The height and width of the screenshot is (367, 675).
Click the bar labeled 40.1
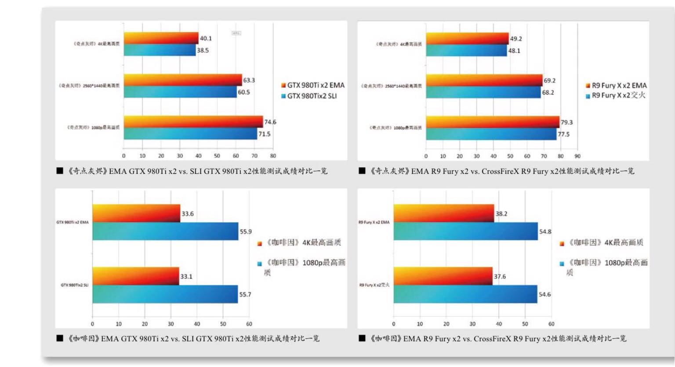[x=161, y=38]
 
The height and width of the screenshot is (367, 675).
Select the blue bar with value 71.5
[x=190, y=134]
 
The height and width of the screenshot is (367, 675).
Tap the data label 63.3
[x=249, y=80]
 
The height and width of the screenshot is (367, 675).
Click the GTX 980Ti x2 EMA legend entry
[x=313, y=85]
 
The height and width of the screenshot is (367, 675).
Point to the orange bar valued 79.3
[x=492, y=122]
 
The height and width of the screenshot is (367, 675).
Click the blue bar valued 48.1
[x=466, y=51]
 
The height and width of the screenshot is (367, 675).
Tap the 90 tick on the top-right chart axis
[x=577, y=156]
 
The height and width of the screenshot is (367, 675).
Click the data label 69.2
[x=550, y=81]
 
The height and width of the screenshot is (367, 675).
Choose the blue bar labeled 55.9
[x=165, y=231]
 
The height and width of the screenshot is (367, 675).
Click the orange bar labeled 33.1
[x=135, y=276]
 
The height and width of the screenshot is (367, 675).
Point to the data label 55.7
[x=245, y=294]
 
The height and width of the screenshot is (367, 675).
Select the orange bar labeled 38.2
[x=443, y=213]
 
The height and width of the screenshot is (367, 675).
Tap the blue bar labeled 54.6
[x=465, y=294]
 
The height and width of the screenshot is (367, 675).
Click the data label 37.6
[x=500, y=276]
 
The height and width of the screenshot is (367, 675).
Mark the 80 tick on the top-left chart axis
[x=273, y=156]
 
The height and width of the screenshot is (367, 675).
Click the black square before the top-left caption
[x=60, y=171]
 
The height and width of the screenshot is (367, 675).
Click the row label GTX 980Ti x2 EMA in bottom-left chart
[x=73, y=222]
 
